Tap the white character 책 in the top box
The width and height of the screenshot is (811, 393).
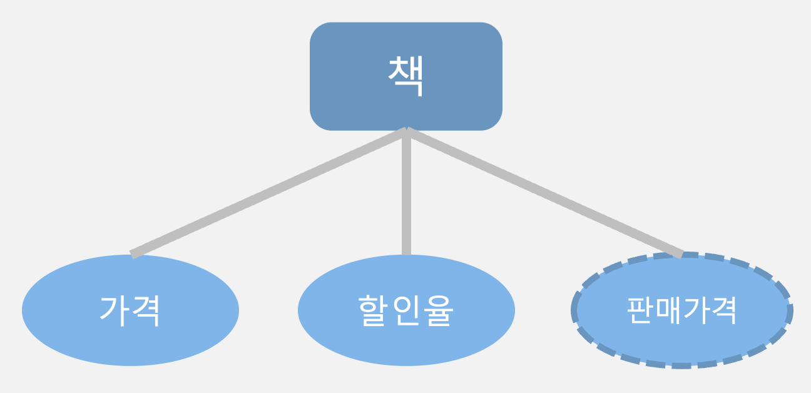(x=405, y=76)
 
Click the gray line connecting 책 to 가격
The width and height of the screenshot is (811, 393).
(x=269, y=191)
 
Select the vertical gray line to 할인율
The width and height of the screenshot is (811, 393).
(x=406, y=194)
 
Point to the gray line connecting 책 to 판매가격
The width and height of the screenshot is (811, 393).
(x=544, y=191)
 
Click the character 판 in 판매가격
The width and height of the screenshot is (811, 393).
(x=640, y=310)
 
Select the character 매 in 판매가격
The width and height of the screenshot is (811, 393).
(x=668, y=310)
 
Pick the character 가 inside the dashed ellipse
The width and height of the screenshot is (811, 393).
(x=696, y=310)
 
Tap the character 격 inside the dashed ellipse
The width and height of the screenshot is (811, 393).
(x=724, y=310)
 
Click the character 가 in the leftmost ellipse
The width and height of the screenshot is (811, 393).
(x=115, y=310)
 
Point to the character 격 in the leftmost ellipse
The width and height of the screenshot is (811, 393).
(x=146, y=310)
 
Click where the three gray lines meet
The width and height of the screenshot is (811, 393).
(x=406, y=130)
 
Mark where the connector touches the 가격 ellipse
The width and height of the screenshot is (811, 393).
(x=132, y=253)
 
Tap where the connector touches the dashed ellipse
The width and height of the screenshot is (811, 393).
(x=681, y=253)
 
